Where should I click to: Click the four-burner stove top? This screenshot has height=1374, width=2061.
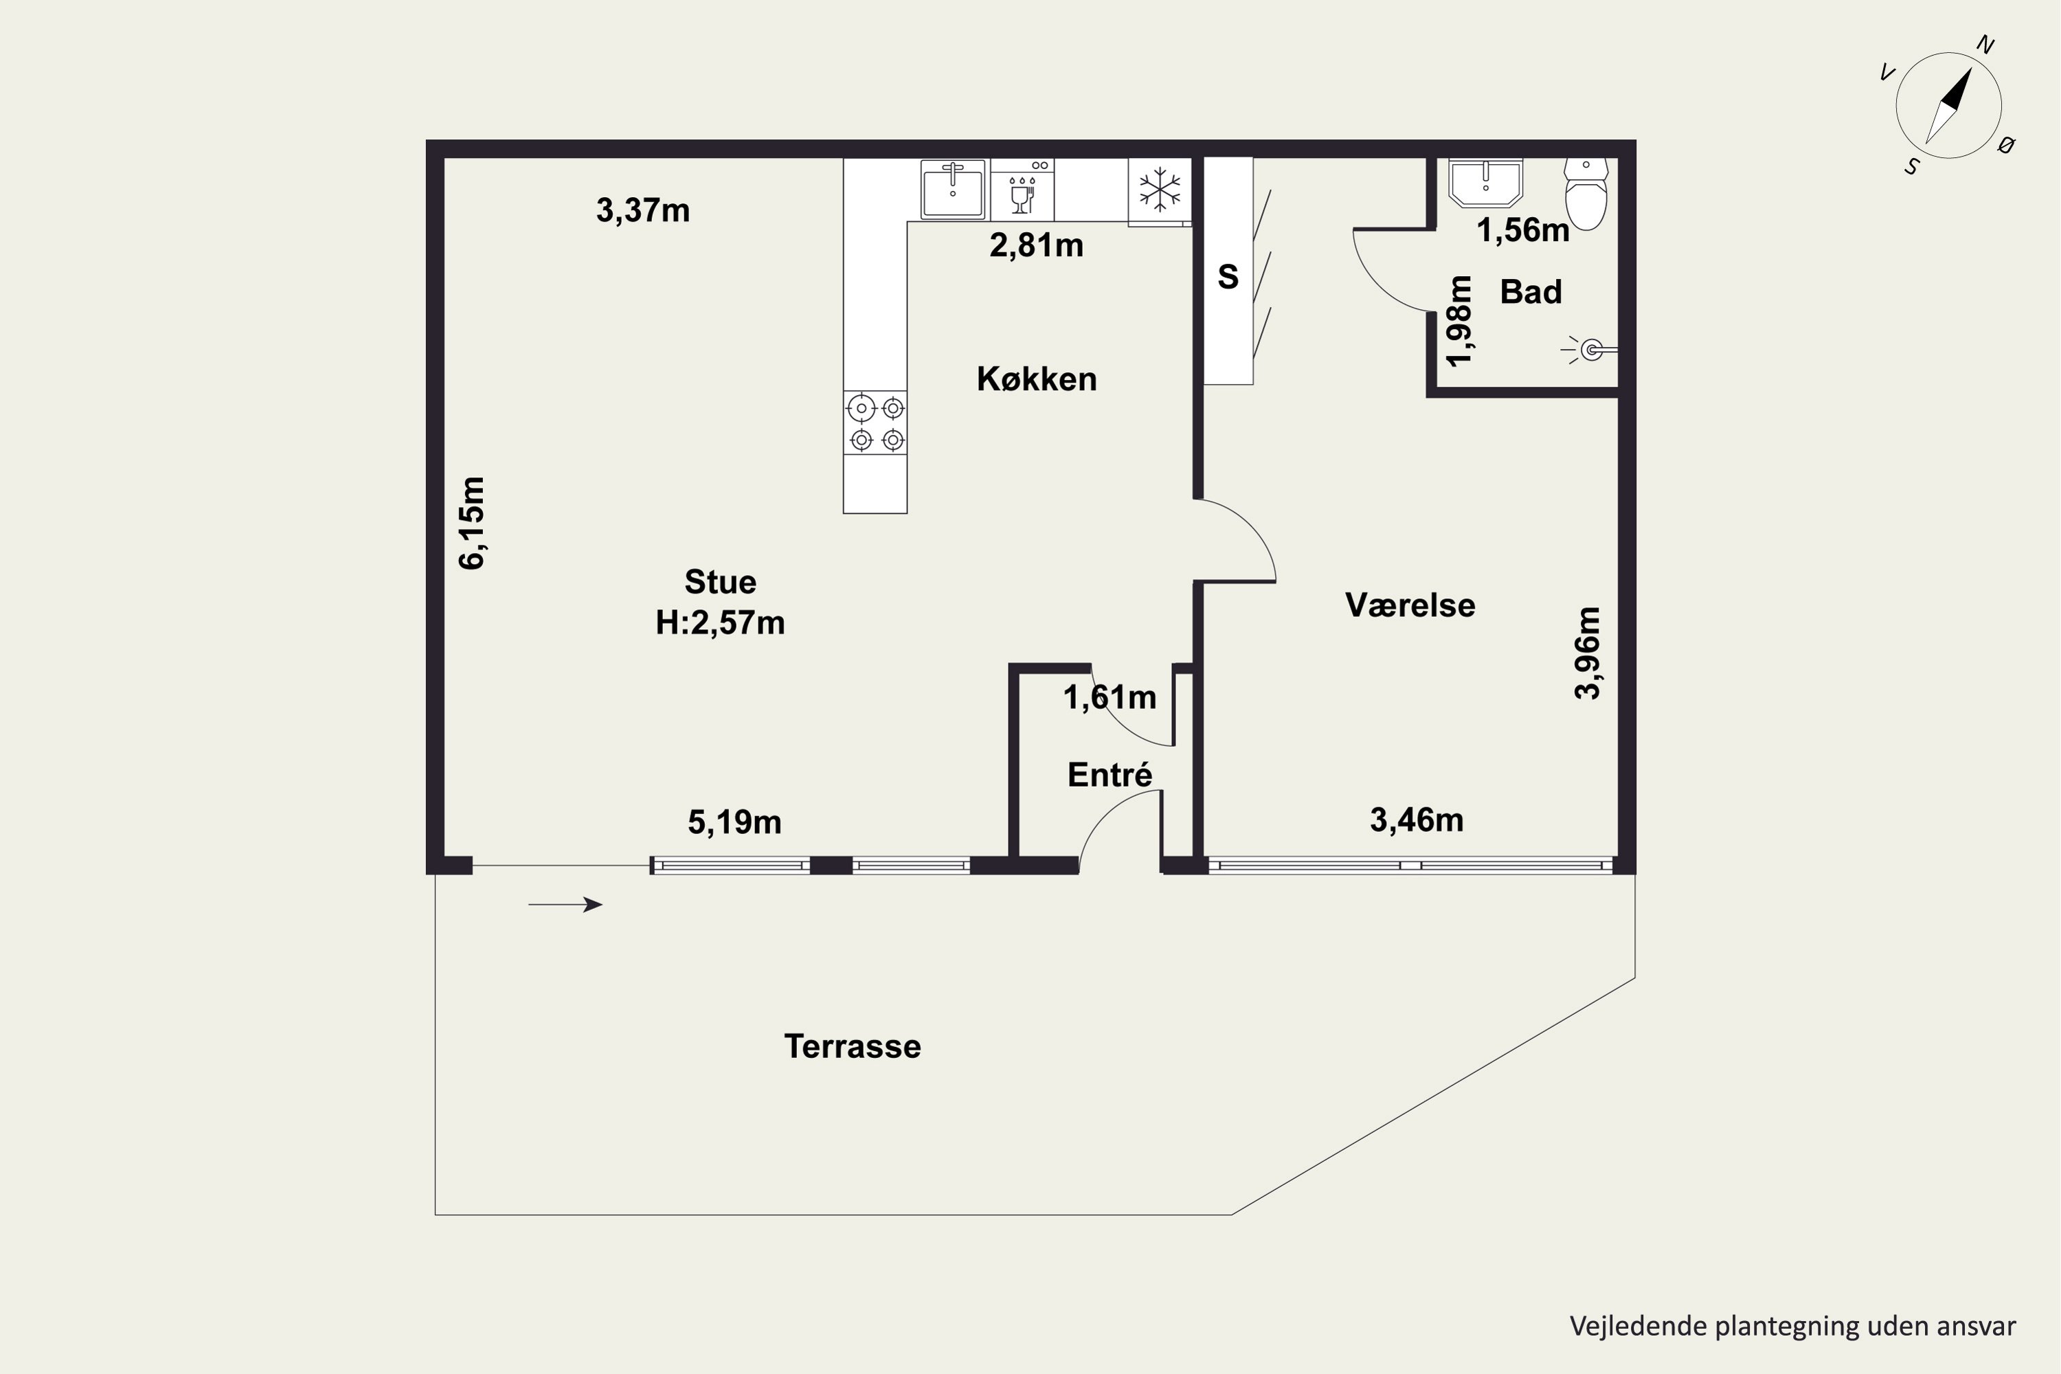click(875, 423)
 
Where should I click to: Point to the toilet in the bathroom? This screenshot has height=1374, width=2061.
click(1586, 193)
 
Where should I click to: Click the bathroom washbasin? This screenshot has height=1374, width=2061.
click(1486, 182)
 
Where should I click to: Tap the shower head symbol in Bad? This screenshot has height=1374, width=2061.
click(1590, 350)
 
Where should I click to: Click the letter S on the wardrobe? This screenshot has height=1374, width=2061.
click(1228, 277)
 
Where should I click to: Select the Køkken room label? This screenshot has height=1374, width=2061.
click(1037, 379)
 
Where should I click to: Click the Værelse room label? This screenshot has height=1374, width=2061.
click(1410, 605)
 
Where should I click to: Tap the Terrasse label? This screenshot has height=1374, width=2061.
click(853, 1046)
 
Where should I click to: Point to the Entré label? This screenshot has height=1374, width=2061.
click(1110, 775)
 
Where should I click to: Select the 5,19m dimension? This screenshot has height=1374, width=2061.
click(734, 822)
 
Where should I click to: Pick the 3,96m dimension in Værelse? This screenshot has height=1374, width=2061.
click(1587, 653)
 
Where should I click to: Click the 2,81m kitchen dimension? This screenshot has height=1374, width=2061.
click(1037, 245)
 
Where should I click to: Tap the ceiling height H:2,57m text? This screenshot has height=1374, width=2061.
click(720, 622)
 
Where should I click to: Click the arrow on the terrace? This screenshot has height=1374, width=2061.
click(565, 904)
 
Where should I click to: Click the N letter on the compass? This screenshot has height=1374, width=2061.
click(1985, 45)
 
